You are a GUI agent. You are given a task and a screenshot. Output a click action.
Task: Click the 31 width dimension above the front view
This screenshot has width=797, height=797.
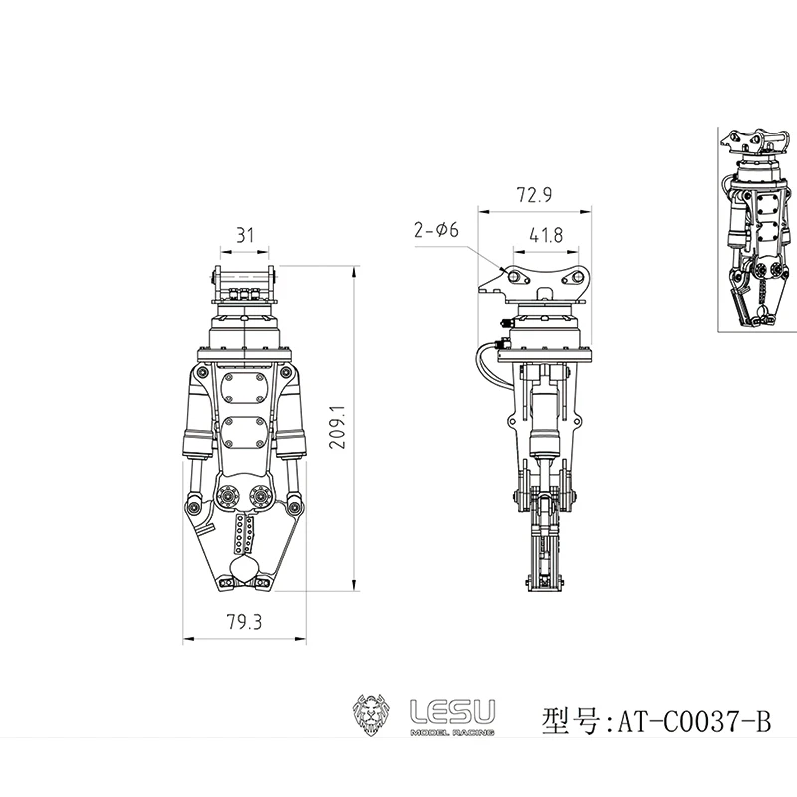[245, 236]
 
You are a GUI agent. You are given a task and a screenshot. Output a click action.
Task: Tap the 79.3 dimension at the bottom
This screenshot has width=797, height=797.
[244, 623]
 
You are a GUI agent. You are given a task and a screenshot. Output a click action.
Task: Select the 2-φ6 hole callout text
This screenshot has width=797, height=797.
[435, 230]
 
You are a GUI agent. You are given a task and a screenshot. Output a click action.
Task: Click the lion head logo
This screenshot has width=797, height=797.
[376, 713]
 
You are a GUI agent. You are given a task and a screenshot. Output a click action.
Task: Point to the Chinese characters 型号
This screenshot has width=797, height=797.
[567, 717]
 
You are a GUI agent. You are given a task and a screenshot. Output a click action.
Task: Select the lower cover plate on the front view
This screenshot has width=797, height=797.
[245, 433]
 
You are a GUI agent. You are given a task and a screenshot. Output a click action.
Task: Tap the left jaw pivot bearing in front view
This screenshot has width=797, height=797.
[226, 495]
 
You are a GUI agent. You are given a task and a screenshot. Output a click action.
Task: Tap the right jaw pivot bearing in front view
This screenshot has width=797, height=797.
[264, 495]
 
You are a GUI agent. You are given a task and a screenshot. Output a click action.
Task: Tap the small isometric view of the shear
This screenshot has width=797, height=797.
[755, 229]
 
